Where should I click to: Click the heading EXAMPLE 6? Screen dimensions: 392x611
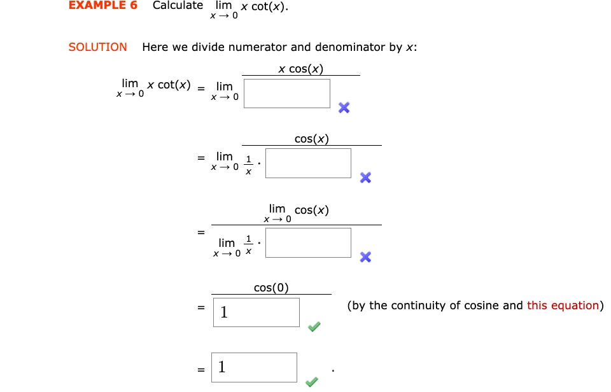[x=102, y=6]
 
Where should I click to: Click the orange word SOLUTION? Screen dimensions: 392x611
[x=97, y=47]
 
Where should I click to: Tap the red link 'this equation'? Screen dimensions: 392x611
[x=563, y=305]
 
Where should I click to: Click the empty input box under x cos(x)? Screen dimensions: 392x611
[x=287, y=94]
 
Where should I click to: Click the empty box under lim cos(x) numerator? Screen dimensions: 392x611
[x=308, y=242]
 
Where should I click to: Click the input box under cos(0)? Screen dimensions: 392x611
[x=256, y=312]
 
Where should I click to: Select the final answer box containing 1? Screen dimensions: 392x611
[x=255, y=367]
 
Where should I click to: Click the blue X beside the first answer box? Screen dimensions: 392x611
[x=344, y=108]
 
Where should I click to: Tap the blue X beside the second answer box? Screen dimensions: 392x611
[x=365, y=178]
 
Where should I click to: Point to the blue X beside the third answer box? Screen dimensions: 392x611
[x=365, y=256]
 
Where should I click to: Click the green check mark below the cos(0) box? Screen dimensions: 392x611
[x=314, y=327]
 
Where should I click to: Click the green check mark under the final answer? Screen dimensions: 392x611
[x=311, y=382]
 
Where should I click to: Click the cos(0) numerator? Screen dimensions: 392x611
[x=271, y=288]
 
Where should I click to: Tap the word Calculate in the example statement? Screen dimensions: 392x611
[x=178, y=6]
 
